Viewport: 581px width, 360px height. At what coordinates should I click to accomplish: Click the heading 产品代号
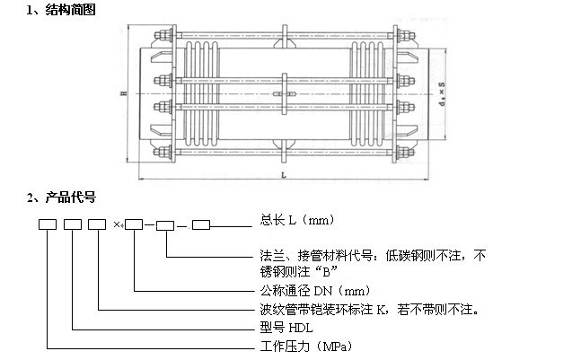[x=67, y=196]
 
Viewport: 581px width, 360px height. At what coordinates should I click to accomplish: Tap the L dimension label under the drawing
[x=283, y=173]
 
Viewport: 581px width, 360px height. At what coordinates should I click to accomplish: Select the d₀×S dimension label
[x=441, y=93]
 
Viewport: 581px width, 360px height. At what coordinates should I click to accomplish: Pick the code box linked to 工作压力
[x=48, y=224]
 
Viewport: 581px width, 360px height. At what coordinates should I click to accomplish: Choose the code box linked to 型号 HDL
[x=73, y=224]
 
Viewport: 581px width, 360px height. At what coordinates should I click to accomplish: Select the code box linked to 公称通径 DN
[x=134, y=224]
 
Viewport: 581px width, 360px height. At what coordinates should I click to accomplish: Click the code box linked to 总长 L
[x=201, y=224]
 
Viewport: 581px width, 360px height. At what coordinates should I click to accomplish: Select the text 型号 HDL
[x=280, y=328]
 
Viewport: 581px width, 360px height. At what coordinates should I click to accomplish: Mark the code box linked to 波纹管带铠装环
[x=97, y=224]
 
